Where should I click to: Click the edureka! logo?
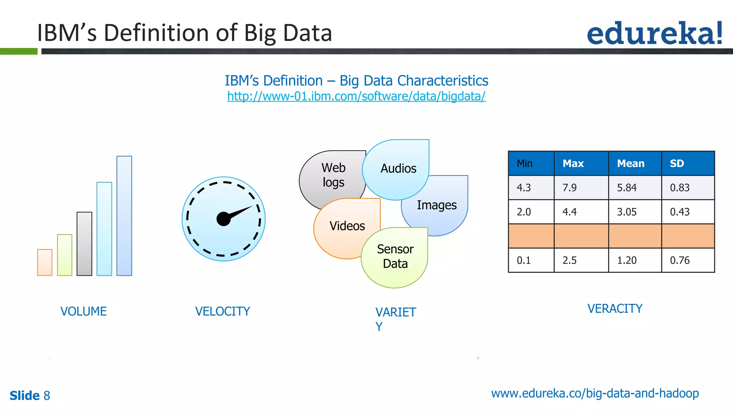tap(654, 33)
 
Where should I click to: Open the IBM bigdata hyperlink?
tap(356, 96)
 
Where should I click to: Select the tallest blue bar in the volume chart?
tap(124, 216)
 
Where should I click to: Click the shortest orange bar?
tap(45, 262)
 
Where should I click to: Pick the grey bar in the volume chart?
tap(84, 244)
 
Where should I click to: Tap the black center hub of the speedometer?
tap(224, 219)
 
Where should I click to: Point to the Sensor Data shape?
tap(395, 256)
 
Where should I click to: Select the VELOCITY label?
tap(222, 311)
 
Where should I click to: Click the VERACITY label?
tap(615, 309)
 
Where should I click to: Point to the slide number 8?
tap(47, 395)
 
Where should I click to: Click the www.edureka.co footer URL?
tap(594, 393)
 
